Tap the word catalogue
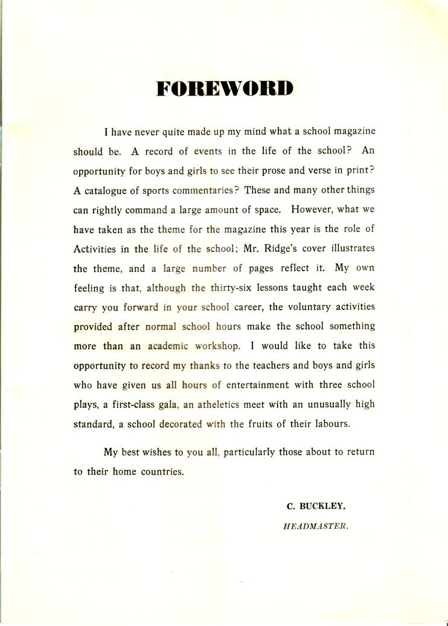click(x=105, y=190)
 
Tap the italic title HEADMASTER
click(x=316, y=526)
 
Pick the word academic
click(x=164, y=346)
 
